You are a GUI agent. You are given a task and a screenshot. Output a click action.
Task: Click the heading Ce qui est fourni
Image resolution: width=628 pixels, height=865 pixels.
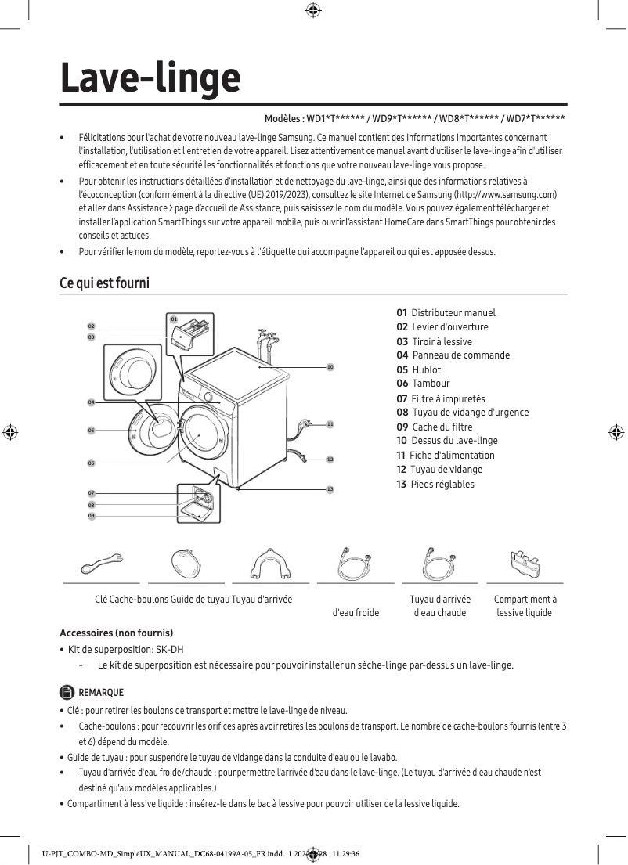(x=104, y=283)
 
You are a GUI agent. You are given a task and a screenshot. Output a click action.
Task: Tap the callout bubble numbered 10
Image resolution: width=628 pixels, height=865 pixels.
(x=330, y=366)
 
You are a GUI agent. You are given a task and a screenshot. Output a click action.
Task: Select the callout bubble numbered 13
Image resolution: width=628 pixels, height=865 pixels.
(x=330, y=488)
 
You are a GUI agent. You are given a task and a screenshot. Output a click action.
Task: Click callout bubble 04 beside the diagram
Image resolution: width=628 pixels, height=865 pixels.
(x=91, y=402)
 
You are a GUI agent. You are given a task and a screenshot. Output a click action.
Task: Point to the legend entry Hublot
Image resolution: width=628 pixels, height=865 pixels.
(x=426, y=369)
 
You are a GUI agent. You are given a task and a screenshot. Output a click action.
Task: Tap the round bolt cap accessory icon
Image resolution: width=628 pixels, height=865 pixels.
(x=186, y=561)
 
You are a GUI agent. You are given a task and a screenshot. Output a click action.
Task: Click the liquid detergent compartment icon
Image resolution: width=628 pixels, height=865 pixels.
(x=525, y=561)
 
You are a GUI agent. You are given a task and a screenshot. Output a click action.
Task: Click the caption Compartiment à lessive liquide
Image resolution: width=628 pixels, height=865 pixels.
(x=525, y=606)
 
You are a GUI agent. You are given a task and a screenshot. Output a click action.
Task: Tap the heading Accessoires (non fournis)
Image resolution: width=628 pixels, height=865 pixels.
(x=117, y=633)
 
